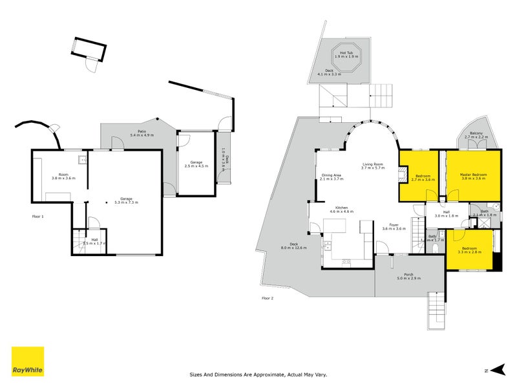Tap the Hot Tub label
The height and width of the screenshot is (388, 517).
point(345,54)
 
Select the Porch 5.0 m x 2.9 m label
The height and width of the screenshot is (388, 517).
point(408,276)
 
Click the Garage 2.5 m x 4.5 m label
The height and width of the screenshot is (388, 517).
point(195,165)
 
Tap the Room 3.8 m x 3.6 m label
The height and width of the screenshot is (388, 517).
point(63,176)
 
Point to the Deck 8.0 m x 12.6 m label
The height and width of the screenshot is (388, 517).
point(293,246)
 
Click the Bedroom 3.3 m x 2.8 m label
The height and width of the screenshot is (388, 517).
point(469,250)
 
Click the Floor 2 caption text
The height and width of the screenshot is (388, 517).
point(268,298)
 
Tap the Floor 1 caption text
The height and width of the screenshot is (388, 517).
point(38,216)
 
